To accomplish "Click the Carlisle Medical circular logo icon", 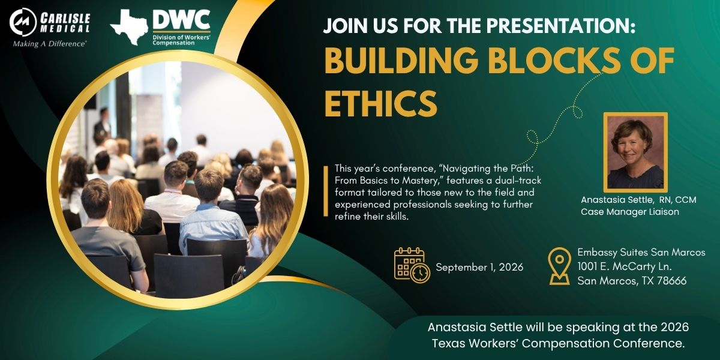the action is pyautogui.click(x=23, y=22).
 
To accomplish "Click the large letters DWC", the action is pyautogui.click(x=181, y=20).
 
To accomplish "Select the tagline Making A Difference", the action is pyautogui.click(x=49, y=44).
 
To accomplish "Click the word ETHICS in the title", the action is pyautogui.click(x=381, y=103).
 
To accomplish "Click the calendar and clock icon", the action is pyautogui.click(x=412, y=265).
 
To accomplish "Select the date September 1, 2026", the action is pyautogui.click(x=479, y=267).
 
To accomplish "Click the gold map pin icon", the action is pyautogui.click(x=559, y=266).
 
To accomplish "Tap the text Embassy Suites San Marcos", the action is pyautogui.click(x=641, y=253).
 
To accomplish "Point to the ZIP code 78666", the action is pyautogui.click(x=672, y=281).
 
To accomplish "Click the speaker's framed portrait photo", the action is pyautogui.click(x=635, y=152).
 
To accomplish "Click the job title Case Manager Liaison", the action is pyautogui.click(x=630, y=212).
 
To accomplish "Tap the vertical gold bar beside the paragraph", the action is pyautogui.click(x=326, y=191).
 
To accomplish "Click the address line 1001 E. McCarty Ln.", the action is pyautogui.click(x=625, y=266).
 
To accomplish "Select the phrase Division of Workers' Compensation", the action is pyautogui.click(x=181, y=40).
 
